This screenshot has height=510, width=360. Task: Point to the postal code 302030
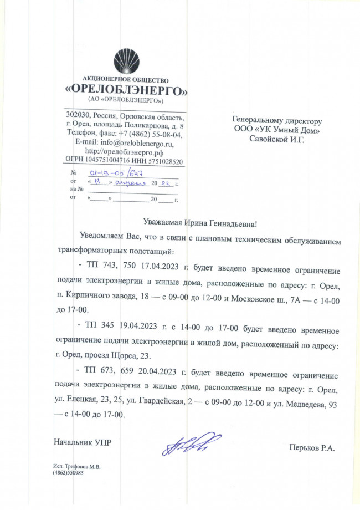[x=79, y=116]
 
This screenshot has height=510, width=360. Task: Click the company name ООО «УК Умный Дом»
[x=277, y=130]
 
